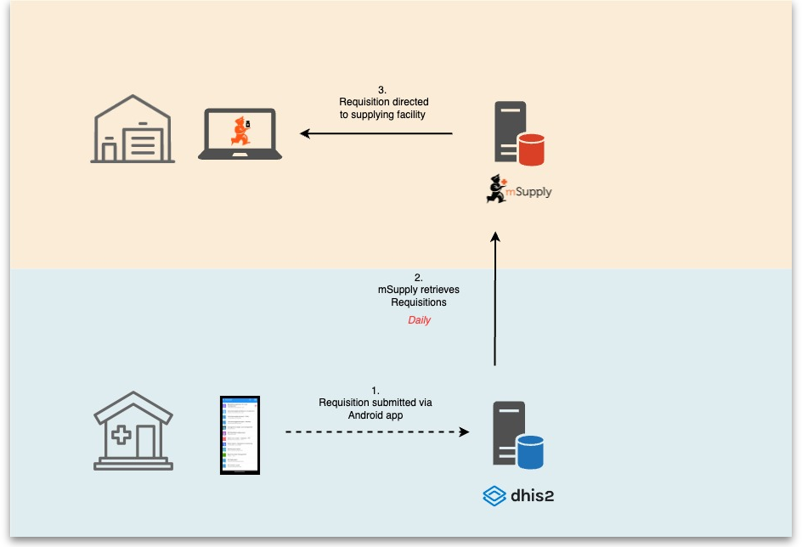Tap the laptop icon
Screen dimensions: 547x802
[240, 134]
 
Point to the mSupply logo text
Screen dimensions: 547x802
[529, 192]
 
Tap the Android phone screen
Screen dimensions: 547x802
[240, 434]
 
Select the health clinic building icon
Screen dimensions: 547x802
[133, 431]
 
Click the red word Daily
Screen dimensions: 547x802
[419, 320]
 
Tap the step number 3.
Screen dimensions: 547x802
[382, 90]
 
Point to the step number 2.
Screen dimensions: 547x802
[418, 277]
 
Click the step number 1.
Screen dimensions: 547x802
[376, 391]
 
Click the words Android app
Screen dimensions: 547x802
[375, 415]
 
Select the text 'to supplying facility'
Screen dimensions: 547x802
[382, 114]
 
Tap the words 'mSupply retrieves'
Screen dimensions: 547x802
[419, 290]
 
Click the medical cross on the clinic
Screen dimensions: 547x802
[121, 436]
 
